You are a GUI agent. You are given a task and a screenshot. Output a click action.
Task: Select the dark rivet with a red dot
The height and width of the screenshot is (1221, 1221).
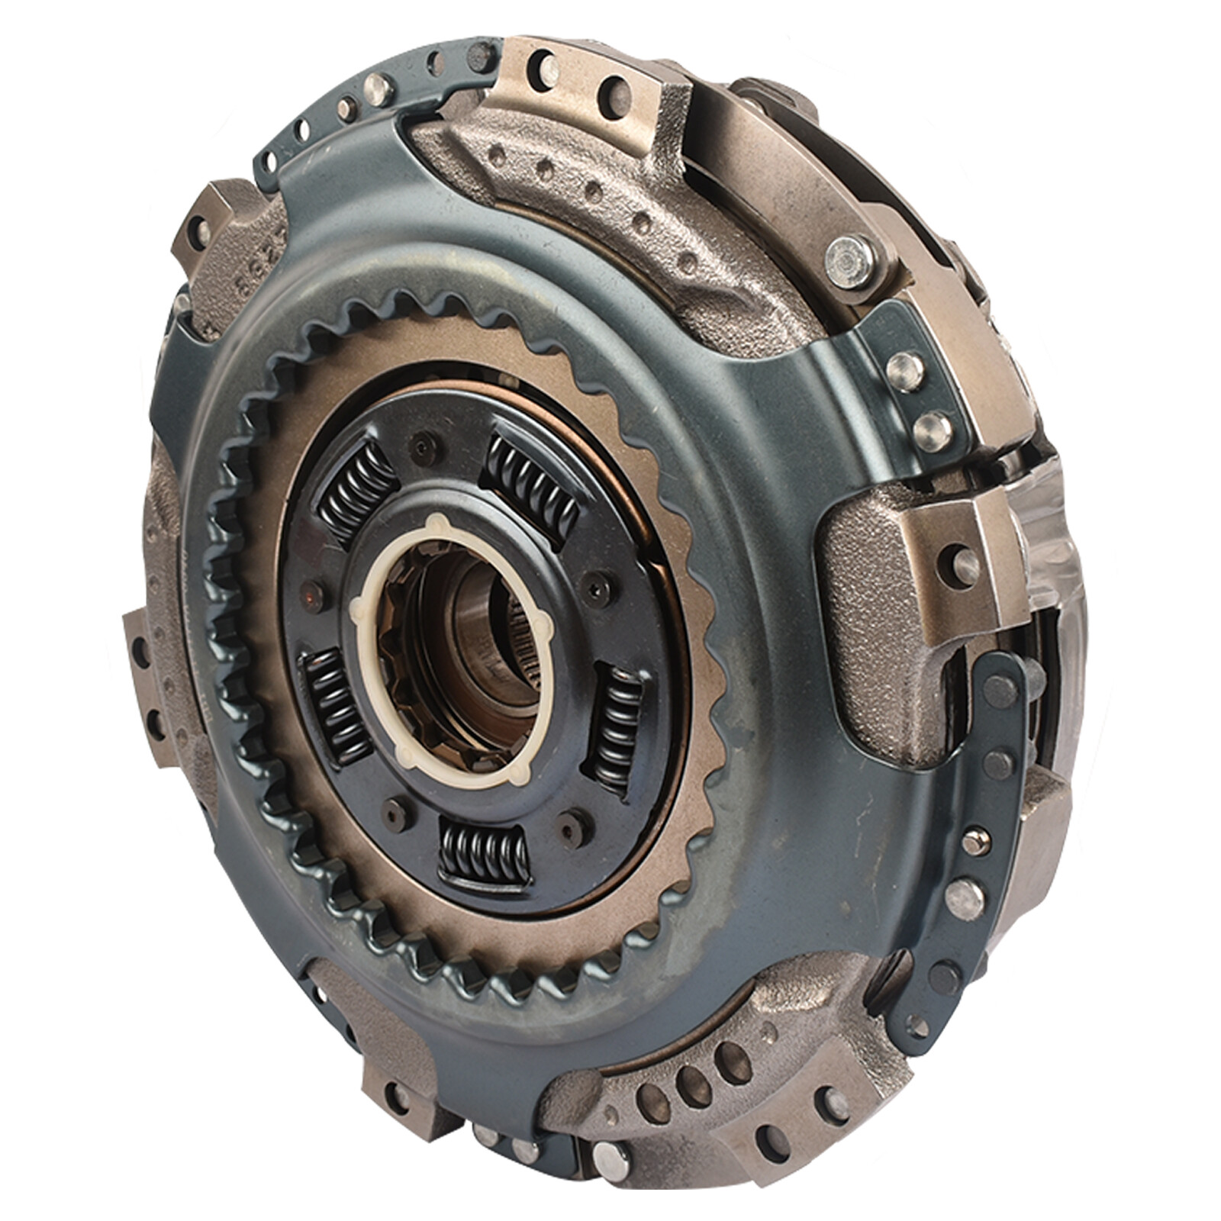coord(311,588)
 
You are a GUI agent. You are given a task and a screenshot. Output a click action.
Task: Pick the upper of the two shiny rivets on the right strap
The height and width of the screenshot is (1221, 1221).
coord(906,369)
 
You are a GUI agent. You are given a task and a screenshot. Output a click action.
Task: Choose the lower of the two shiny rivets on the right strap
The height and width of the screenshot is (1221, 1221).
coord(933,429)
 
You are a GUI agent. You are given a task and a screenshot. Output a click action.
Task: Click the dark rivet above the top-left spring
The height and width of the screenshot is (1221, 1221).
coord(419,441)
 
